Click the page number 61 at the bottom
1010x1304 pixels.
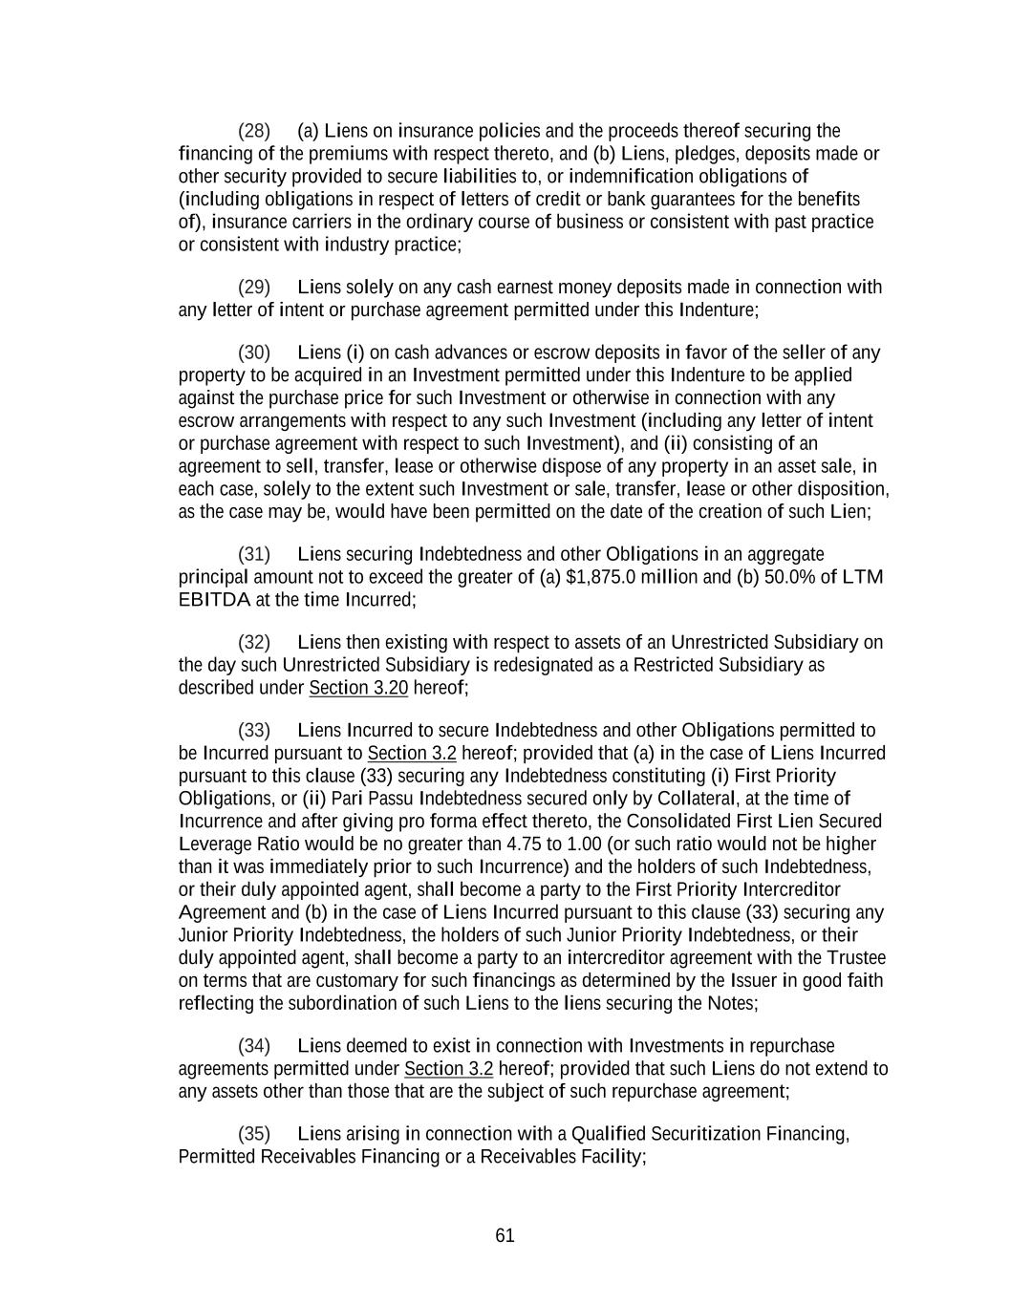click(x=505, y=1236)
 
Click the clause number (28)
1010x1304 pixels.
click(x=254, y=131)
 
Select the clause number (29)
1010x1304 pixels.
click(x=254, y=288)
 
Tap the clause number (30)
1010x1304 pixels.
click(x=254, y=353)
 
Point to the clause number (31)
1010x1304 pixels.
click(x=254, y=554)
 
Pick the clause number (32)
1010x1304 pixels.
click(x=254, y=642)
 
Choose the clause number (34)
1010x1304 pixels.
click(x=254, y=1046)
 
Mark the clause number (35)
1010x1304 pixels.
click(x=254, y=1134)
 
